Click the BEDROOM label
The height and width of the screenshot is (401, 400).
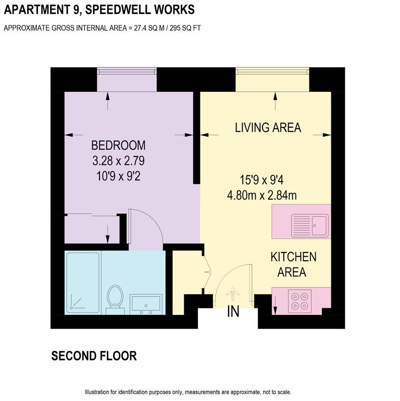(x=118, y=145)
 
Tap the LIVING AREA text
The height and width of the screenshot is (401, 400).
(x=268, y=128)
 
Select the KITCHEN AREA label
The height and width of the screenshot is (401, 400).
(x=293, y=264)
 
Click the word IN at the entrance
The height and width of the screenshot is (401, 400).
(x=233, y=312)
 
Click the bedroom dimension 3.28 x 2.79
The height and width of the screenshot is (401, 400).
(x=118, y=161)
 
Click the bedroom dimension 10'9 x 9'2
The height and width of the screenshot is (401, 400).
(x=118, y=177)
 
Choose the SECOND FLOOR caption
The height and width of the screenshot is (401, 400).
(x=94, y=356)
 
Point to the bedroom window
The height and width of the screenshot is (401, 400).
(x=127, y=71)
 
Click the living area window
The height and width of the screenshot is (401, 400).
(x=273, y=71)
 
